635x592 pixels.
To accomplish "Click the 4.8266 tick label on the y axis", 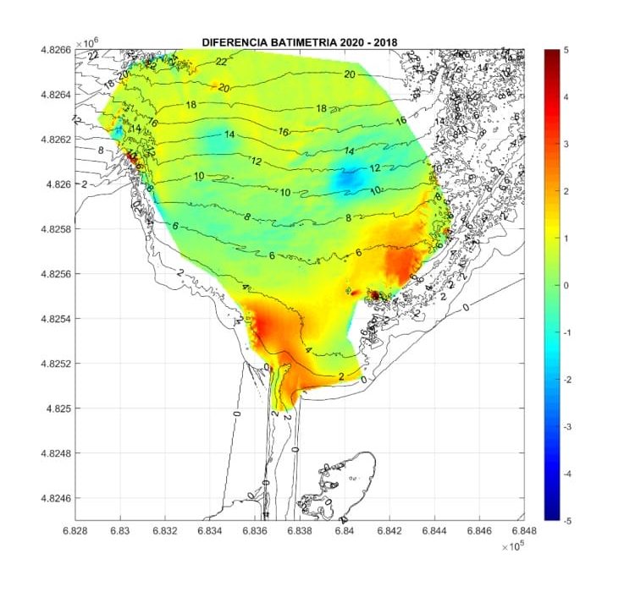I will click(x=55, y=50).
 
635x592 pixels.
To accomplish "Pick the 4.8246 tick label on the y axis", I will click(x=55, y=498).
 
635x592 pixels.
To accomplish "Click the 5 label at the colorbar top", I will click(x=566, y=51).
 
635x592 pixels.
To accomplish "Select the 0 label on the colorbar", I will click(x=566, y=286).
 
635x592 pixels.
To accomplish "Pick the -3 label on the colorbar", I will click(x=564, y=427).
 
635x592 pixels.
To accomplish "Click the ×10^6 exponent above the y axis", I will click(x=86, y=41).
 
